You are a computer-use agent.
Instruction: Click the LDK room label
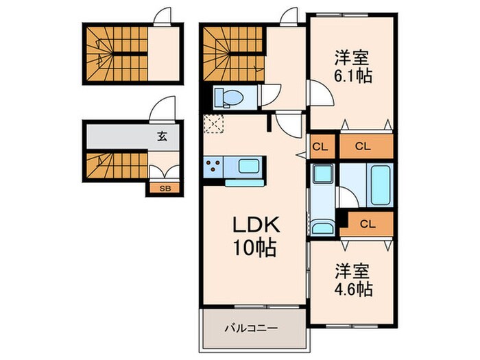click(x=256, y=225)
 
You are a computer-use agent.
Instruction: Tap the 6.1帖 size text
click(x=352, y=76)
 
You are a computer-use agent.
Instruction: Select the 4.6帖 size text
click(x=353, y=289)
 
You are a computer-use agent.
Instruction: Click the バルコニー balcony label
click(x=252, y=328)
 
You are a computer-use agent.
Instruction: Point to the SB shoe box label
click(x=165, y=189)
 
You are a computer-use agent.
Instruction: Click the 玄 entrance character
click(x=163, y=136)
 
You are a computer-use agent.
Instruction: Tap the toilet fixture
click(x=228, y=97)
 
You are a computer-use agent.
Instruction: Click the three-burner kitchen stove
click(x=213, y=167)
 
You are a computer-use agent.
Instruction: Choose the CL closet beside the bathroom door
click(x=368, y=224)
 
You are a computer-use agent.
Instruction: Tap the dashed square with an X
click(x=214, y=123)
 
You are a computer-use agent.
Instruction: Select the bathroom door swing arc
click(x=348, y=197)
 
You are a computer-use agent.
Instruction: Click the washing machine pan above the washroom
click(x=323, y=173)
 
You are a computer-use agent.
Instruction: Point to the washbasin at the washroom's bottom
click(x=322, y=228)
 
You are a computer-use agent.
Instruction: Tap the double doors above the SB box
click(x=165, y=172)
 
